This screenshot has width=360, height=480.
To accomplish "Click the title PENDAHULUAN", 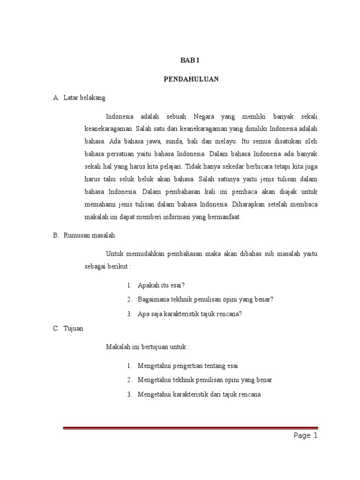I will (x=191, y=79).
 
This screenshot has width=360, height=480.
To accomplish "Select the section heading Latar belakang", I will (x=85, y=98).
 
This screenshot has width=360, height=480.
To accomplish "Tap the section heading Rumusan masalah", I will (x=90, y=236).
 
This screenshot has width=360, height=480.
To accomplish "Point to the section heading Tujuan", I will (x=74, y=329).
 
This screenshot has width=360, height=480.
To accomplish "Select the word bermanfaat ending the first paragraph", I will (x=224, y=217).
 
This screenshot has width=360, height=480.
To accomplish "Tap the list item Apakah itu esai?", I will (x=158, y=285).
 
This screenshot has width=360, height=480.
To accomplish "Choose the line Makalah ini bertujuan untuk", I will (x=148, y=347).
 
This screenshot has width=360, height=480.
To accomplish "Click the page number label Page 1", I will (x=306, y=436).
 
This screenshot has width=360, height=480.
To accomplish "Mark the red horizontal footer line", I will (x=190, y=428).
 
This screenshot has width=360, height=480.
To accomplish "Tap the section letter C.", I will (x=55, y=329).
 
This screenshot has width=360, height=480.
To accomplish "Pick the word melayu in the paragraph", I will (x=226, y=141).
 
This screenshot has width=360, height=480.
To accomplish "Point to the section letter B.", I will (x=55, y=236).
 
